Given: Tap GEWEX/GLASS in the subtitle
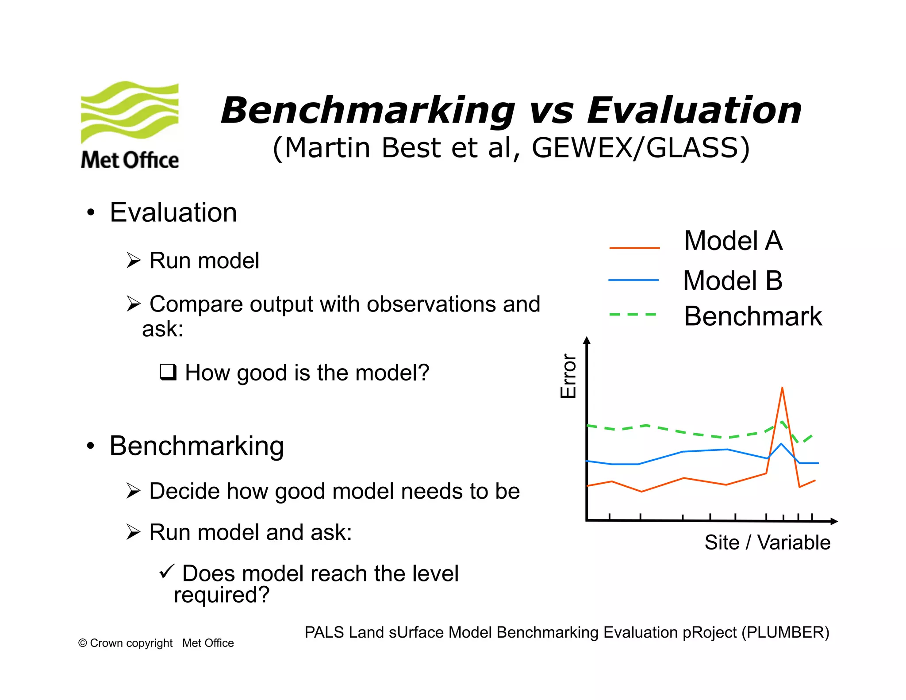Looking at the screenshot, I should (641, 148).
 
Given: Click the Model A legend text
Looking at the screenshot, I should (733, 241).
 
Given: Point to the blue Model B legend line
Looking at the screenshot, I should (633, 280).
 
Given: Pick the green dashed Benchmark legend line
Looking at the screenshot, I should (633, 315).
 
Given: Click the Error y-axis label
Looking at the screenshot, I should (568, 376).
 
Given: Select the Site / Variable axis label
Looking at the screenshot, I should (767, 542).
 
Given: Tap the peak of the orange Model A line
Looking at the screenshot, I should (782, 388).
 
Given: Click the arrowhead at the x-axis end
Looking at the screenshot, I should (834, 522).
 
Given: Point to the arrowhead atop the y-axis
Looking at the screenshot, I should (587, 340).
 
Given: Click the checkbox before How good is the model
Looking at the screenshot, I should (168, 372).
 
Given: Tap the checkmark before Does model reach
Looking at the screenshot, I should (167, 571).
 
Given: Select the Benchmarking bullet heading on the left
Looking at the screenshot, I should (196, 446).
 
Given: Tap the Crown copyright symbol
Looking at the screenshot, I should (82, 643).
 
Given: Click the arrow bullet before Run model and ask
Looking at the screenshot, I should (133, 532).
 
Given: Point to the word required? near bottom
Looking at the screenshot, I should (221, 595).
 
